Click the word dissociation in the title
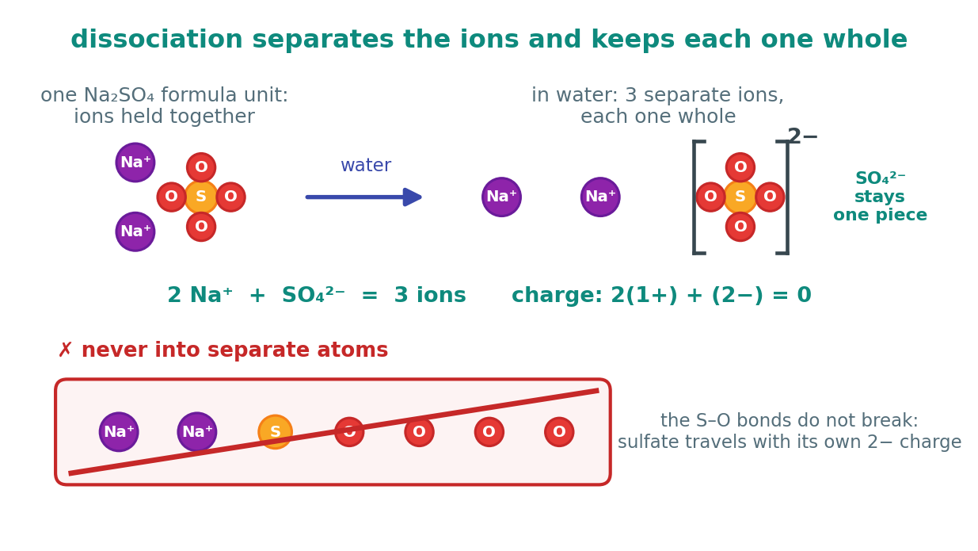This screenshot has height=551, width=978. click(x=156, y=40)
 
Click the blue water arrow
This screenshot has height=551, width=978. click(x=363, y=197)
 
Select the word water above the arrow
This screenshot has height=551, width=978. click(x=366, y=165)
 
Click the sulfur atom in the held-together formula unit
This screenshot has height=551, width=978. click(x=201, y=197)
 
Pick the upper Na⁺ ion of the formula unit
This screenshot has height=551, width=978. click(x=135, y=162)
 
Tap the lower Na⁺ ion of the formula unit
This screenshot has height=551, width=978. click(x=135, y=231)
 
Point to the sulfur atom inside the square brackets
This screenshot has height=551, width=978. click(x=740, y=197)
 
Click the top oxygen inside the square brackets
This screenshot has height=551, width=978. click(x=740, y=167)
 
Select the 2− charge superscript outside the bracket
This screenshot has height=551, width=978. click(x=802, y=136)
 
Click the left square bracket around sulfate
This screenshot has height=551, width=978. click(x=694, y=197)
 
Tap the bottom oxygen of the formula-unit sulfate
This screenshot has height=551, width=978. click(x=201, y=227)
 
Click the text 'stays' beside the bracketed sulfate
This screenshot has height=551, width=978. click(x=879, y=197)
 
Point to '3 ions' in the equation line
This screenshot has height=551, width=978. click(x=430, y=295)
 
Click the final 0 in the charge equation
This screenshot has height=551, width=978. click(x=804, y=295)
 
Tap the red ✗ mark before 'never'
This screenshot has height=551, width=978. click(x=65, y=350)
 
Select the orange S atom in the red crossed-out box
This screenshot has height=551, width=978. click(x=275, y=432)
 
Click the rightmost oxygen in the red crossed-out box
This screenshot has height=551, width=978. click(x=559, y=432)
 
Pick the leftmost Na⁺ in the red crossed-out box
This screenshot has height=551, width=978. click(x=119, y=432)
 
